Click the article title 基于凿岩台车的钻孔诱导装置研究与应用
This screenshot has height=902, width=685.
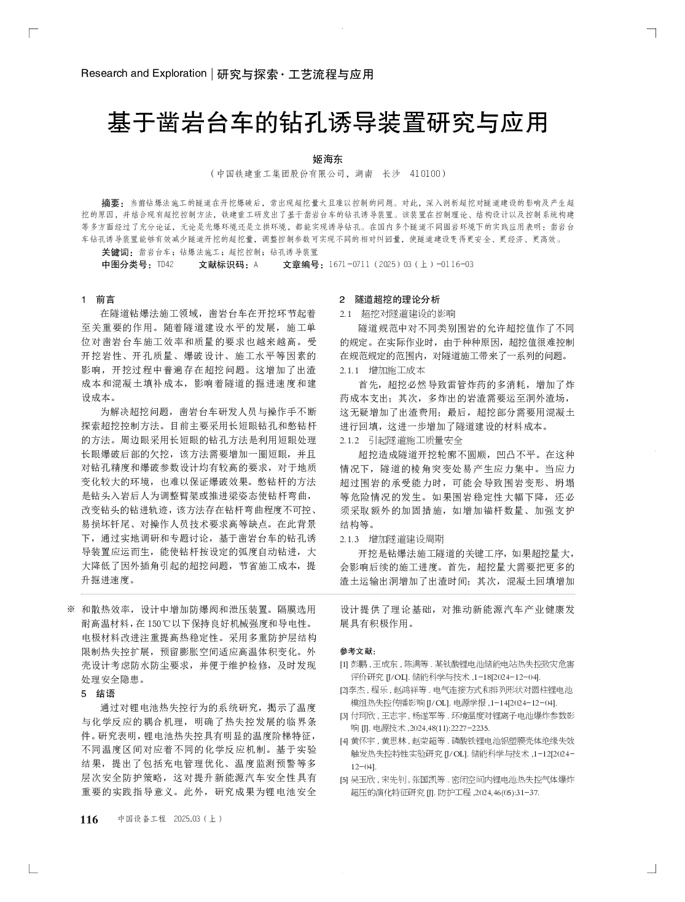pyautogui.click(x=327, y=123)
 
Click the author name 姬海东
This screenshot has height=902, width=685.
pyautogui.click(x=327, y=158)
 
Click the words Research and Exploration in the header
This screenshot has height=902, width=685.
pyautogui.click(x=144, y=74)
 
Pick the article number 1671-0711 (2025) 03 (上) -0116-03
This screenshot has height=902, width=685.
pyautogui.click(x=401, y=265)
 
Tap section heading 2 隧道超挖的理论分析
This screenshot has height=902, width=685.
pyautogui.click(x=389, y=300)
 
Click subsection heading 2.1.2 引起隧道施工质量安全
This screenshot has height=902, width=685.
pyautogui.click(x=401, y=440)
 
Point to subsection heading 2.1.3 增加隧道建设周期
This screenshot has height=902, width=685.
pyautogui.click(x=391, y=538)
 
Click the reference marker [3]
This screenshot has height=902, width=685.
pyautogui.click(x=344, y=715)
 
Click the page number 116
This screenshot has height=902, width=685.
pyautogui.click(x=89, y=820)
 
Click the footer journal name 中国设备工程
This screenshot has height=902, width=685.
pyautogui.click(x=142, y=820)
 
